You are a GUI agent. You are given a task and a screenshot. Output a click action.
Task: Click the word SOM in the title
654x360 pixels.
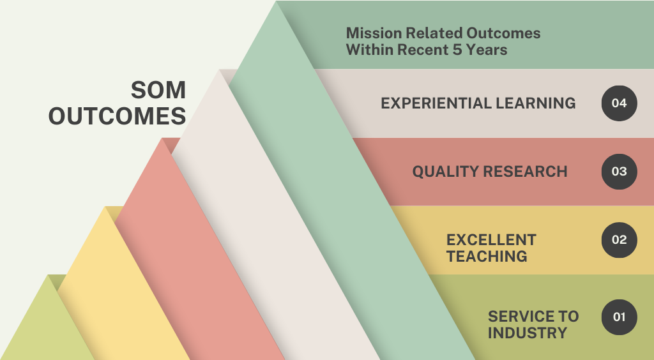pyautogui.click(x=158, y=90)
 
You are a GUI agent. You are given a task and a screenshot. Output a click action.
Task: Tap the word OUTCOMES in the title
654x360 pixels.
pyautogui.click(x=118, y=116)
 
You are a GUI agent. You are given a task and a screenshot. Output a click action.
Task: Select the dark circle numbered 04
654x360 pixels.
pyautogui.click(x=620, y=103)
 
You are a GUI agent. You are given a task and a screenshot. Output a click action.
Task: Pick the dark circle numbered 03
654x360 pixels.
pyautogui.click(x=620, y=172)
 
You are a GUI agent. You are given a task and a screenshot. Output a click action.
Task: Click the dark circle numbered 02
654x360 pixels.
pyautogui.click(x=620, y=240)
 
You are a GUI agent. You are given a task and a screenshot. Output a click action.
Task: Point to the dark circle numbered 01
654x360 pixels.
pyautogui.click(x=620, y=317)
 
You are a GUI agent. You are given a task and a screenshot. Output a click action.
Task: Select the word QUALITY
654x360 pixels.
pyautogui.click(x=445, y=172)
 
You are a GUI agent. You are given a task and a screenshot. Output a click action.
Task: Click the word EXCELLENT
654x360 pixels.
pyautogui.click(x=491, y=240)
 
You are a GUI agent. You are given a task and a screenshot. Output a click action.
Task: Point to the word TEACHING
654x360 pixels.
pyautogui.click(x=487, y=256)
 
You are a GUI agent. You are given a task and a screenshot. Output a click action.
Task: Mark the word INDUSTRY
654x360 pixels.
pyautogui.click(x=528, y=333)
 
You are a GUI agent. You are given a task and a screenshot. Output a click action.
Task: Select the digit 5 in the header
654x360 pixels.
pyautogui.click(x=457, y=50)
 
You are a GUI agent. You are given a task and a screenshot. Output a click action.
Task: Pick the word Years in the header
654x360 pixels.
pyautogui.click(x=487, y=50)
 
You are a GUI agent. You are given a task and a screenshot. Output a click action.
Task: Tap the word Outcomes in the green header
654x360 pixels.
pyautogui.click(x=503, y=33)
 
